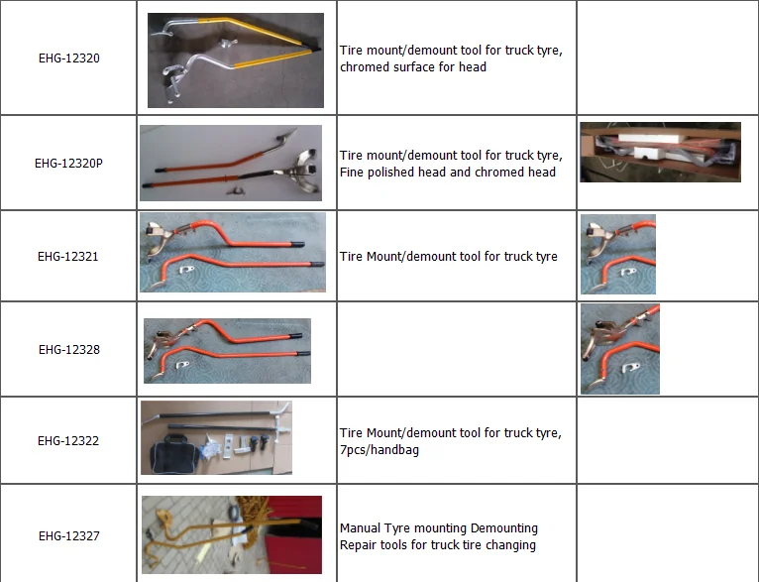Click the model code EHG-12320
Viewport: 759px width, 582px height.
tap(69, 58)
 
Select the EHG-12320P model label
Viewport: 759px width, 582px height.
tap(68, 164)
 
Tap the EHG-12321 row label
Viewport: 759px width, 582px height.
tap(68, 256)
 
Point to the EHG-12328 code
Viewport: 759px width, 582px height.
tap(69, 350)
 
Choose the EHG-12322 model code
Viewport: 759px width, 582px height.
tap(68, 440)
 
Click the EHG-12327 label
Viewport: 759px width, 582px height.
tap(69, 536)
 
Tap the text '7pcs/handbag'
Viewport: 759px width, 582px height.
tap(379, 450)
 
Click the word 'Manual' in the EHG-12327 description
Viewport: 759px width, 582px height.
tap(359, 527)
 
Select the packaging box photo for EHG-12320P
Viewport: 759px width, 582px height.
tap(660, 152)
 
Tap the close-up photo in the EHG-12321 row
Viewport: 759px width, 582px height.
tap(618, 254)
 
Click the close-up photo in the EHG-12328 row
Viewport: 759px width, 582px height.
tap(620, 349)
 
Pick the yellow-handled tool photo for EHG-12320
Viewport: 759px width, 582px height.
tap(236, 60)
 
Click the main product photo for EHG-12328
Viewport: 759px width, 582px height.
tap(228, 351)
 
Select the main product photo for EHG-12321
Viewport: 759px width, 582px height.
tap(233, 252)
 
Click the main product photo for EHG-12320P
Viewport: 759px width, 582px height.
tap(231, 164)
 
